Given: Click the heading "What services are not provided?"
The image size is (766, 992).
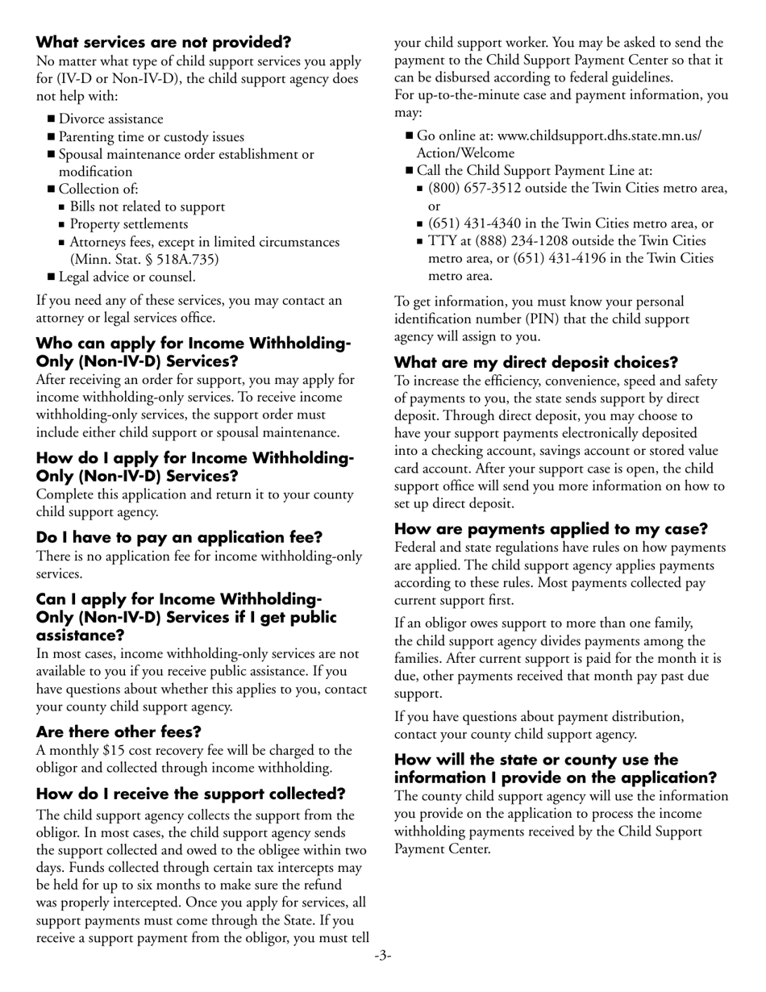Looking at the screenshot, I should coord(164,42).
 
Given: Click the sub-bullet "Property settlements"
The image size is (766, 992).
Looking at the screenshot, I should coord(129,224).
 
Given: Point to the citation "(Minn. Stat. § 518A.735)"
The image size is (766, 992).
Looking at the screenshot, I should coord(144,260).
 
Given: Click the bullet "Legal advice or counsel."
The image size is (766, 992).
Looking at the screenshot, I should coord(127,277).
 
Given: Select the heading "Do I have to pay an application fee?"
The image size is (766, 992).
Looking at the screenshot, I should coord(179,537).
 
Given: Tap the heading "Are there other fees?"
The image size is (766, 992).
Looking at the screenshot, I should coord(119,731).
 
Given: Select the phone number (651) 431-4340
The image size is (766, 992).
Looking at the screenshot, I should coord(477,224).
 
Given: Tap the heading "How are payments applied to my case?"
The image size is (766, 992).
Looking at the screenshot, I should coord(551,529).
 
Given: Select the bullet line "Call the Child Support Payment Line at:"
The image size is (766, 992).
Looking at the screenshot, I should coord(535,171).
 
